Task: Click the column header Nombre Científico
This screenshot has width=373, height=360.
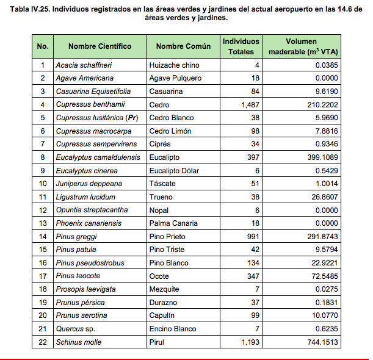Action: [x=100, y=46]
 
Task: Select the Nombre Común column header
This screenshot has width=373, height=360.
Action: [x=183, y=46]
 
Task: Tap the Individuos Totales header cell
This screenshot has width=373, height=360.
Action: [x=241, y=46]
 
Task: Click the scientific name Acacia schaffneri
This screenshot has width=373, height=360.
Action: [x=84, y=65]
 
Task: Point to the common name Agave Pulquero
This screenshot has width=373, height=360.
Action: [x=175, y=78]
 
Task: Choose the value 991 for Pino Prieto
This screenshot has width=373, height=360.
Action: [x=252, y=237]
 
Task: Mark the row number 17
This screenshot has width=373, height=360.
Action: [x=43, y=276]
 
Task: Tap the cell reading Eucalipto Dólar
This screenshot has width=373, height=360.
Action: [x=175, y=171]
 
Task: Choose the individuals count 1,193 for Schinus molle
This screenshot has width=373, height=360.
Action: [x=249, y=342]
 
